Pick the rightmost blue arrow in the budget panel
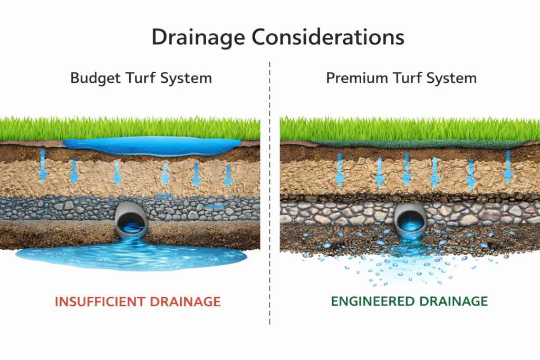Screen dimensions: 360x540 click(x=228, y=174)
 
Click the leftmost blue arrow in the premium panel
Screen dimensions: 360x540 click(x=340, y=170)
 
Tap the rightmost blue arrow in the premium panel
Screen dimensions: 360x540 click(x=508, y=167)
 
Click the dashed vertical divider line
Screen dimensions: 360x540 click(x=269, y=211)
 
